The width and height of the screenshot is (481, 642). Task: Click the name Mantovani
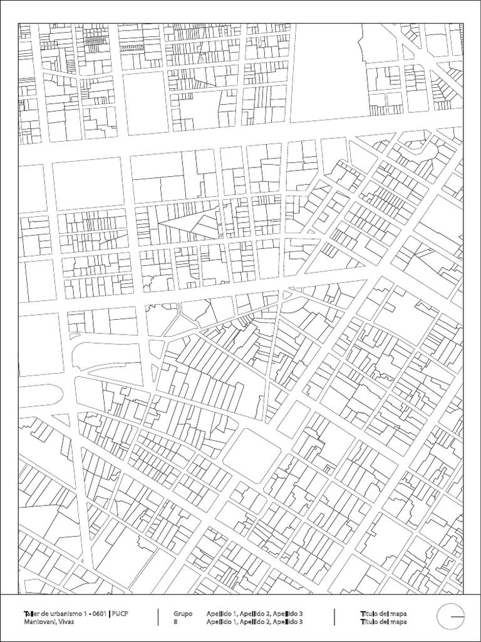coord(38,621)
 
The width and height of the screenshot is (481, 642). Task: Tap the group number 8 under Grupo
coord(175,621)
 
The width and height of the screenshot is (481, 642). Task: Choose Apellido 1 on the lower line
coord(221,621)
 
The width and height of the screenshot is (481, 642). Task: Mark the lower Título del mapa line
coord(384,621)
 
